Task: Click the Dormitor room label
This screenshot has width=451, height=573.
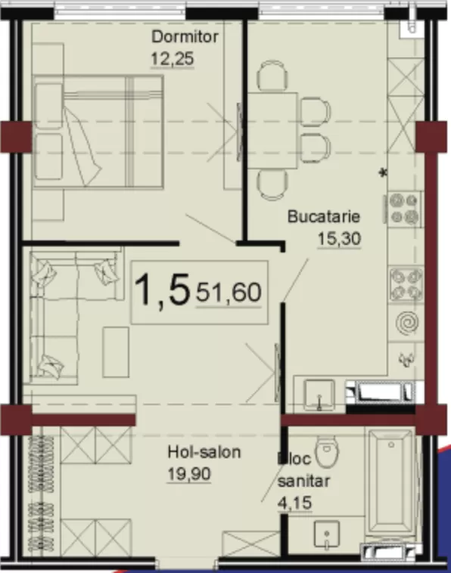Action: coord(185,36)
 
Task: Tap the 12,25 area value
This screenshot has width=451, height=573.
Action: coord(172,59)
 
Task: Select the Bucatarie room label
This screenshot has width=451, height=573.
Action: coord(324,216)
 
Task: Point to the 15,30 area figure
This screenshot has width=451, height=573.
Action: coord(339,239)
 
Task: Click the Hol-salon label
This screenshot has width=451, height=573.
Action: coord(204,452)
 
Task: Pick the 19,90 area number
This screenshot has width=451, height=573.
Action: coord(189,474)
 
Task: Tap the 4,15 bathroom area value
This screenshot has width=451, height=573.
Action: coord(295,503)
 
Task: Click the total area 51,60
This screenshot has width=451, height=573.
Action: coord(229,293)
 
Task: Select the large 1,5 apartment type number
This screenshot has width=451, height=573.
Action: coord(163,290)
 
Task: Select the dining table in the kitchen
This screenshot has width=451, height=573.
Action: coord(272,131)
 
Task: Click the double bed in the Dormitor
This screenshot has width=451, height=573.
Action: coord(98,132)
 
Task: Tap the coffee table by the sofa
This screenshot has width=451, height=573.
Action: coord(116,352)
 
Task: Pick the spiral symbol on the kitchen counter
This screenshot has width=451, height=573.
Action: coord(406,323)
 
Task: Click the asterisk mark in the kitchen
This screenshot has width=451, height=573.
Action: coord(383,172)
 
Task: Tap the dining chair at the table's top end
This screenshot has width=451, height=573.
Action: coord(272,76)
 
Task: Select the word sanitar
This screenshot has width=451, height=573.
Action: coord(303,481)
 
